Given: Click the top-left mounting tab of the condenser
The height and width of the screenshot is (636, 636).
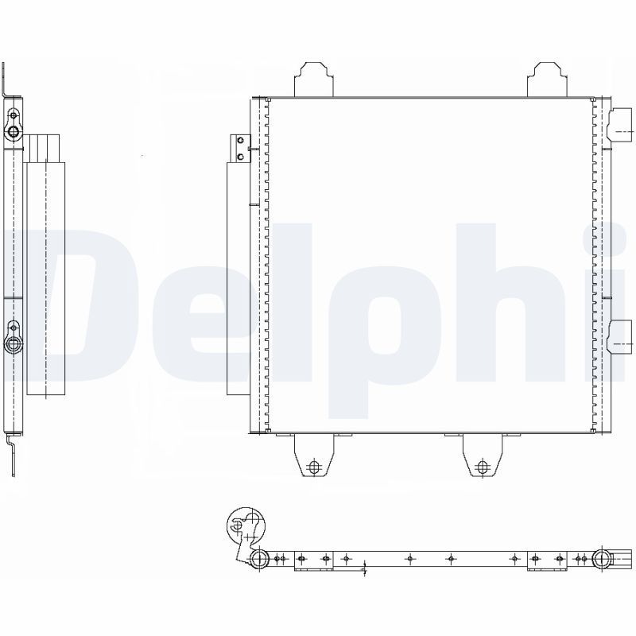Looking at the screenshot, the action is (313, 79).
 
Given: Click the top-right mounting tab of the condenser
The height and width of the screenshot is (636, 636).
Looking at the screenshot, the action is (547, 79).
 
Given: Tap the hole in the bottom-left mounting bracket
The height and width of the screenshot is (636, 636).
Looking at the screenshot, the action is (314, 467).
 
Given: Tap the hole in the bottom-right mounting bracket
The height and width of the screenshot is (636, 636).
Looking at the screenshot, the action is (483, 467).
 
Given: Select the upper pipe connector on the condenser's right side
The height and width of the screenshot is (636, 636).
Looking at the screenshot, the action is (620, 125).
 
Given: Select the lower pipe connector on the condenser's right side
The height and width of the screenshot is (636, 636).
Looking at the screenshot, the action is (619, 336).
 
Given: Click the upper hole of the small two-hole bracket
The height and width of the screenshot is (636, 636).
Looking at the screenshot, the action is (241, 141).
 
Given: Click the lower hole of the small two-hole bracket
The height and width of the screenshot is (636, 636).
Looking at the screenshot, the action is (241, 156).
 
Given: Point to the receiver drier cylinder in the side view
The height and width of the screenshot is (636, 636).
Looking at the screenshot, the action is (46, 278).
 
